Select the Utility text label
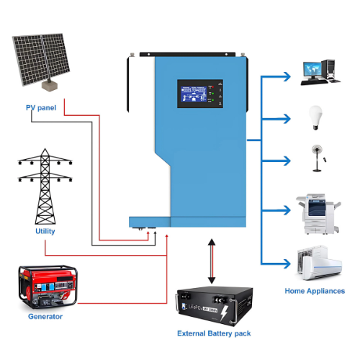pyautogui.click(x=45, y=232)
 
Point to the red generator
pyautogui.click(x=45, y=285)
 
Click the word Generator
pyautogui.click(x=45, y=316)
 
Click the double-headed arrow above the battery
pyautogui.click(x=210, y=263)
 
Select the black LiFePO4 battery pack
pyautogui.click(x=215, y=306)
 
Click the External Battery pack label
pyautogui.click(x=214, y=334)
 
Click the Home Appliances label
pyautogui.click(x=314, y=292)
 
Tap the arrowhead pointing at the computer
pyautogui.click(x=286, y=74)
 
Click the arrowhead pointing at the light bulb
pyautogui.click(x=286, y=117)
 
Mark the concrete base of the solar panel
pyautogui.click(x=49, y=85)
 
